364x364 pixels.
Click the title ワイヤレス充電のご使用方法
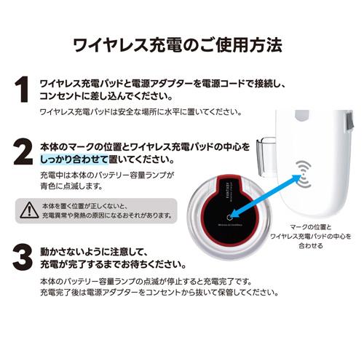coord(182,46)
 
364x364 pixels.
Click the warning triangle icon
coord(29,211)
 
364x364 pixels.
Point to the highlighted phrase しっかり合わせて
coord(74,159)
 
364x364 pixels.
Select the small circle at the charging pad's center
coord(231,216)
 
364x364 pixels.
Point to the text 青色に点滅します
coord(73,188)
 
